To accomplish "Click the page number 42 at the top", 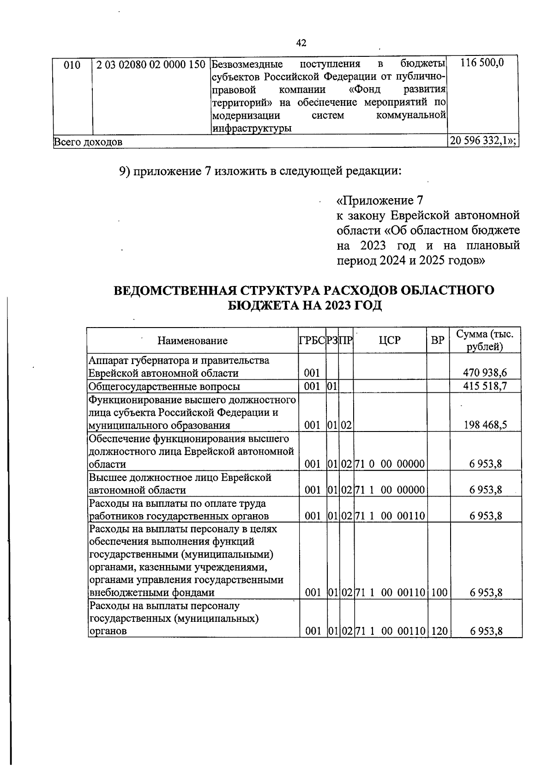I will click(x=301, y=43).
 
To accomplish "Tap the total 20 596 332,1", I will click(x=482, y=141).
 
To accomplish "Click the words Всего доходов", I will click(x=88, y=142).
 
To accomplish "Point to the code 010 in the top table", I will click(x=72, y=65).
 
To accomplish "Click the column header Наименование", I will click(x=193, y=341).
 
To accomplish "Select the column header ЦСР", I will click(x=390, y=340).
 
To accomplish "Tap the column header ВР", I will click(x=437, y=340).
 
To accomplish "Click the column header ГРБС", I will click(x=312, y=340).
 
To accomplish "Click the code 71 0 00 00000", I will click(x=390, y=464).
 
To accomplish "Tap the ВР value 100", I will click(x=439, y=593).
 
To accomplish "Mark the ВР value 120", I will click(x=439, y=632).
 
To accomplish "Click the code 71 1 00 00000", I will click(x=390, y=490).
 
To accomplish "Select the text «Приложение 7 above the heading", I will click(x=379, y=201).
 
